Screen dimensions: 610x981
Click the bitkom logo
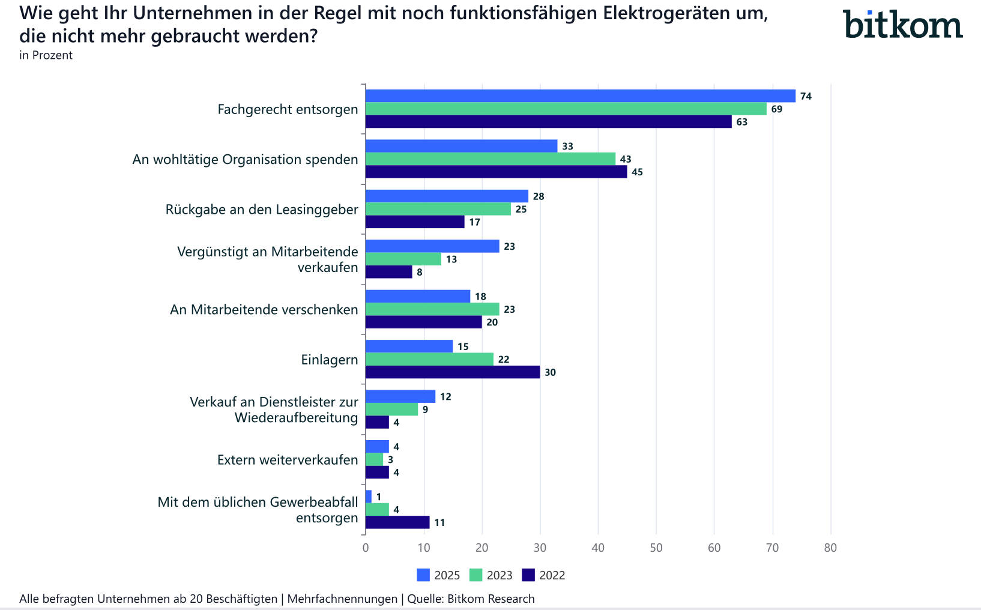click(902, 25)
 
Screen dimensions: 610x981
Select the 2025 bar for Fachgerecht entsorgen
click(580, 96)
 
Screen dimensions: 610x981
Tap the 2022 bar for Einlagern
click(453, 372)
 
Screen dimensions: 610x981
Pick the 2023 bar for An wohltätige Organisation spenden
click(490, 159)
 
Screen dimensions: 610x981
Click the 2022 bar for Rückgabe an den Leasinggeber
click(415, 222)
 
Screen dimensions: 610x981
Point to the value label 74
click(806, 97)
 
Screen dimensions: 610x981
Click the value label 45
click(637, 172)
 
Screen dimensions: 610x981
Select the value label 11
click(439, 523)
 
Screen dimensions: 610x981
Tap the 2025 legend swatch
click(423, 575)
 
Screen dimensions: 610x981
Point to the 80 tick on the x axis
click(830, 548)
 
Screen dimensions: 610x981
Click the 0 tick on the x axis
click(366, 548)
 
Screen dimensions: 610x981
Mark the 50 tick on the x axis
click(656, 548)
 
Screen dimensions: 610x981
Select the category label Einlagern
click(329, 360)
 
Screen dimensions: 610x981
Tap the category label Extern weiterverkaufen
click(288, 460)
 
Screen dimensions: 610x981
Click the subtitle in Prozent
click(46, 55)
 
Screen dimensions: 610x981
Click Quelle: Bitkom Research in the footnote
click(471, 599)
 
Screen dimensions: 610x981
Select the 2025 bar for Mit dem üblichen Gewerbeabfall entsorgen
click(369, 497)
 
